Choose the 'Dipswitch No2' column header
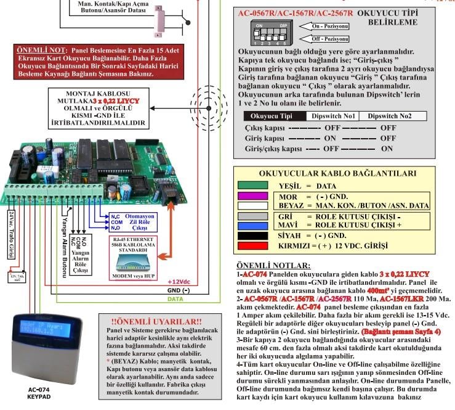coord(386,115)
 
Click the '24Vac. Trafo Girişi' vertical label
coord(12,234)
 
